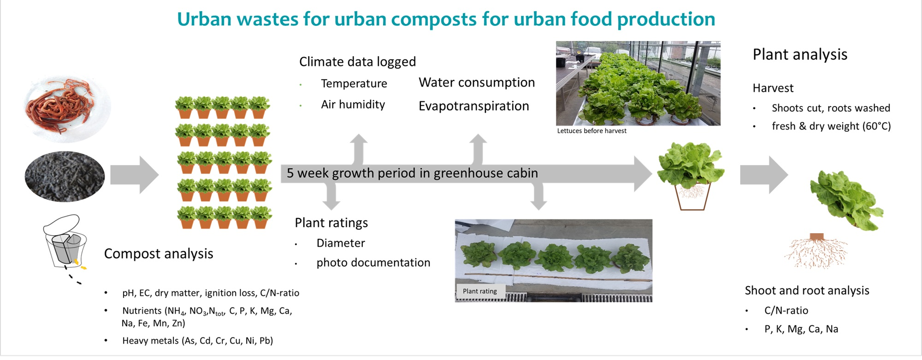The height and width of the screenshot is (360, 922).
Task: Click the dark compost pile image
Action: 65,177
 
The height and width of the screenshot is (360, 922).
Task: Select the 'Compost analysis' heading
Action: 159,254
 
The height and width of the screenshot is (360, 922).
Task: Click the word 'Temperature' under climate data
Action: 354,83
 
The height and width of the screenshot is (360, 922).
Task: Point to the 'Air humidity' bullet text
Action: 353,105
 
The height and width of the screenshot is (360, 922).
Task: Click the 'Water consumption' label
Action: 476,83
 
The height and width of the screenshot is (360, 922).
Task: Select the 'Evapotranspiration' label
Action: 473,106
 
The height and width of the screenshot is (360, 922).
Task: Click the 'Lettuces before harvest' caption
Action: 591,131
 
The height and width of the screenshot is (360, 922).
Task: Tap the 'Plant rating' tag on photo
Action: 479,291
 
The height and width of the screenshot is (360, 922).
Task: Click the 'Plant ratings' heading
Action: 331,223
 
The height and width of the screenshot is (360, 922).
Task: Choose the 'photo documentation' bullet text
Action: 373,263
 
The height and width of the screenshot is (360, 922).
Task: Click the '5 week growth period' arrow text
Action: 412,173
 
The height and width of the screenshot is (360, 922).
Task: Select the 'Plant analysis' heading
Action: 800,54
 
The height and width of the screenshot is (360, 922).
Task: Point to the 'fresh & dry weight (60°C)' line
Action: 831,126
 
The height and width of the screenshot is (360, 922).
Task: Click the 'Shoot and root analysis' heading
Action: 807,290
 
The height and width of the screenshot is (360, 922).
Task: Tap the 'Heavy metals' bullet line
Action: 197,341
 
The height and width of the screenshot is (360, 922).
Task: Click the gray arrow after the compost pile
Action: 134,175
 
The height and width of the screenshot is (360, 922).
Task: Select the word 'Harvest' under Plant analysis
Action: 773,88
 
